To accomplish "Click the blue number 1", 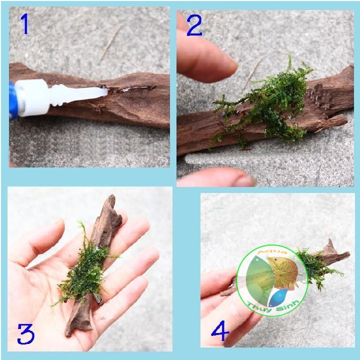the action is coord(25,23).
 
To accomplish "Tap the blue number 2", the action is coord(194,25).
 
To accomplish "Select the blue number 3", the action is coord(25,334).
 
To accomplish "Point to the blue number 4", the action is coord(220,331).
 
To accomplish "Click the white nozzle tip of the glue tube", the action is coord(106,92).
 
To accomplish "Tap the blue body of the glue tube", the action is coord(13,101).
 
